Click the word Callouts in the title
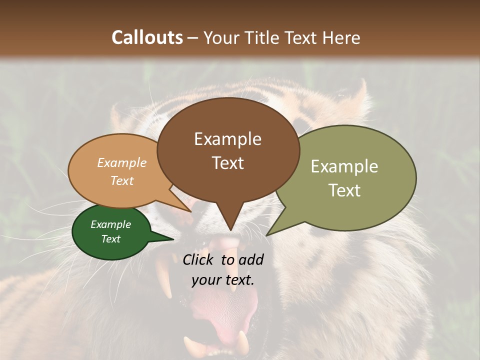[x=147, y=37]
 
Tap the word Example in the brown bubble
[x=227, y=139]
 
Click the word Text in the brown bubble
[x=227, y=163]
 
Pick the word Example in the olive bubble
[x=344, y=166]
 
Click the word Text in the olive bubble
[x=344, y=190]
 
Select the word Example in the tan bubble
[x=121, y=163]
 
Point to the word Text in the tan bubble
[x=121, y=180]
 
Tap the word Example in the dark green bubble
[x=110, y=224]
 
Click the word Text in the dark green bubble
[x=110, y=239]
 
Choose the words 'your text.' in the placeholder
[x=222, y=280]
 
